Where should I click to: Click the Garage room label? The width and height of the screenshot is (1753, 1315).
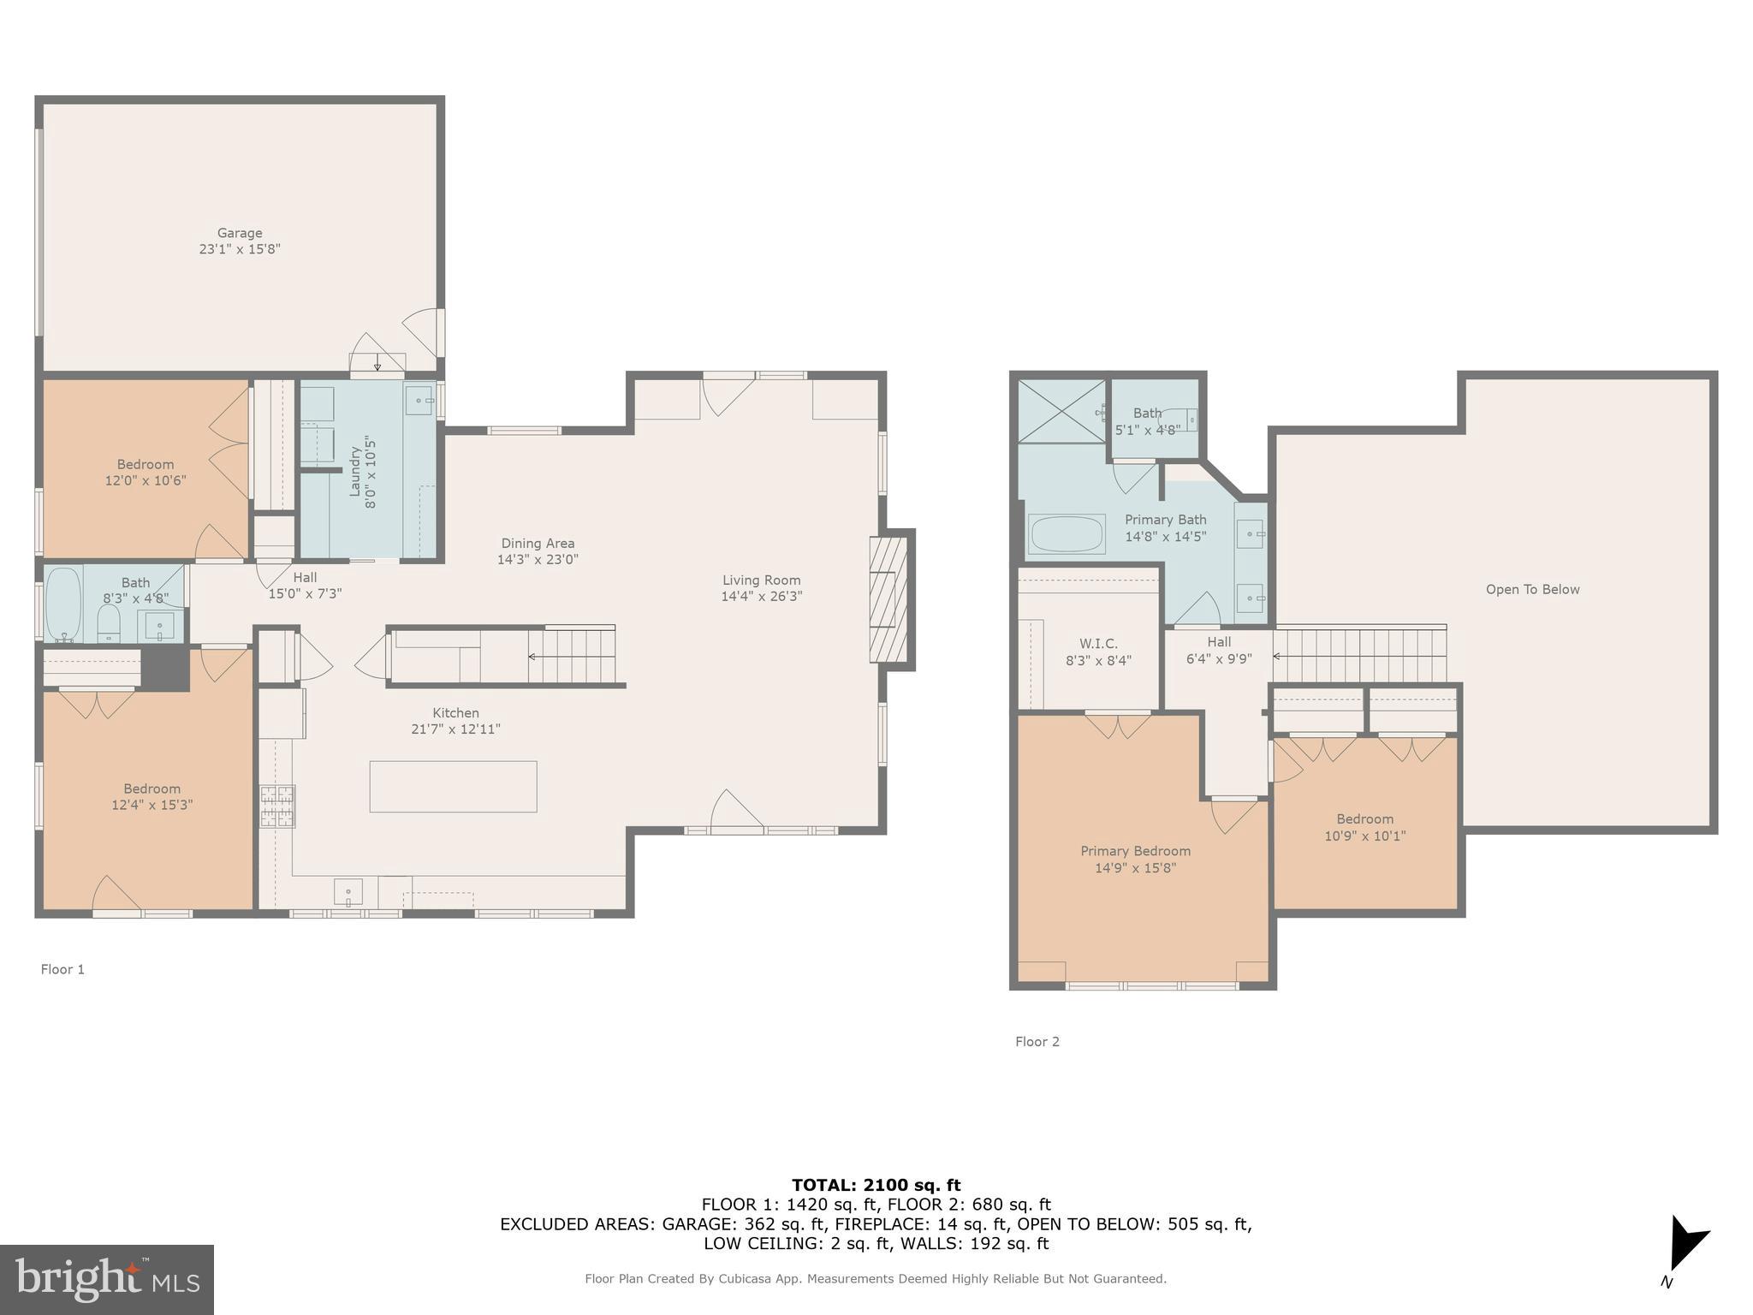(x=239, y=233)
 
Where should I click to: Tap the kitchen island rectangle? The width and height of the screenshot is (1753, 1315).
(x=453, y=786)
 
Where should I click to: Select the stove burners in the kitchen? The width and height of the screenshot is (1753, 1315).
(x=277, y=806)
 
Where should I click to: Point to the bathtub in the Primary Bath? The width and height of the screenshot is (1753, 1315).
(x=1067, y=534)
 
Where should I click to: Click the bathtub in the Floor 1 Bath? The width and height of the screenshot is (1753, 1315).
(x=62, y=604)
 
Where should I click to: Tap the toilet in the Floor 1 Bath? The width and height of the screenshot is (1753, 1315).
(x=109, y=623)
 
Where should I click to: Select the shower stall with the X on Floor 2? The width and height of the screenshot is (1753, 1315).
(x=1061, y=412)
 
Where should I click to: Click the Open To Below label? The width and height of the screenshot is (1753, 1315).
(x=1532, y=589)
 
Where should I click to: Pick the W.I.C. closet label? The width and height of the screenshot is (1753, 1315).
(x=1098, y=644)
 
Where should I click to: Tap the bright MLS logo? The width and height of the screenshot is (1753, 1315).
(x=107, y=1279)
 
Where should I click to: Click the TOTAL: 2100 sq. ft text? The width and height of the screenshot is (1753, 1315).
(x=876, y=1185)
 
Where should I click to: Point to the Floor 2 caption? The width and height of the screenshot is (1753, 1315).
(x=1037, y=1041)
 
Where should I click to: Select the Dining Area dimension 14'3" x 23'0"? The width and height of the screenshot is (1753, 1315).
(x=538, y=559)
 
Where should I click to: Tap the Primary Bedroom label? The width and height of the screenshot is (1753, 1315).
(x=1135, y=851)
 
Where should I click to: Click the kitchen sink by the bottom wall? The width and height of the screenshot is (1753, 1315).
(x=348, y=891)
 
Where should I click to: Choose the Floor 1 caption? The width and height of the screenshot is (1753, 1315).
(x=62, y=969)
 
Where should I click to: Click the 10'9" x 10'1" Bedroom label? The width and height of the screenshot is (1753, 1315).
(x=1364, y=836)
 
